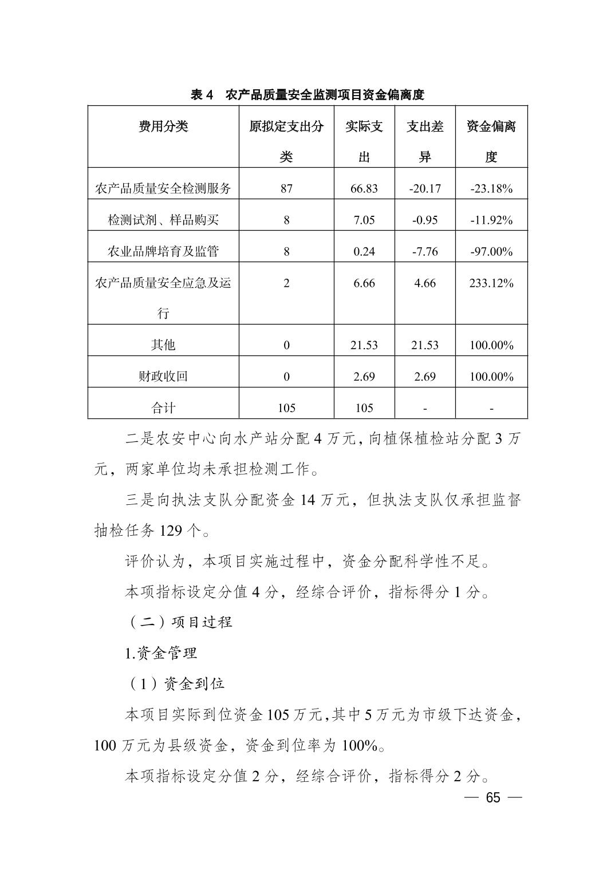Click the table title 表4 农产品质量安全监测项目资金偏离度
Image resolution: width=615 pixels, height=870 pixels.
pyautogui.click(x=307, y=95)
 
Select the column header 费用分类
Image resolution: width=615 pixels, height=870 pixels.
pyautogui.click(x=163, y=126)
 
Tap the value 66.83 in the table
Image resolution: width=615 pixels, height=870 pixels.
pyautogui.click(x=364, y=188)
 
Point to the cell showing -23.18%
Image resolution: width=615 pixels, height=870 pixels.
pyautogui.click(x=491, y=188)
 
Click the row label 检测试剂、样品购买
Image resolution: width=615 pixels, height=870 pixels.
pyautogui.click(x=163, y=220)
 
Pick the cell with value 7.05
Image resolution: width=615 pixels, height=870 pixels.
pyautogui.click(x=364, y=220)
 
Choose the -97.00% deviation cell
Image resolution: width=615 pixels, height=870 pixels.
pyautogui.click(x=491, y=251)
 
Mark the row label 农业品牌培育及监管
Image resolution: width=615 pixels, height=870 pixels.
pyautogui.click(x=163, y=251)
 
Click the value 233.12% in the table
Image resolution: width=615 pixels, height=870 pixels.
pyautogui.click(x=491, y=283)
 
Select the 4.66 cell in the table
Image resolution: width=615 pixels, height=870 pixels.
pyautogui.click(x=425, y=283)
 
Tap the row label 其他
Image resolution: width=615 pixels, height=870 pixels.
pyautogui.click(x=163, y=345)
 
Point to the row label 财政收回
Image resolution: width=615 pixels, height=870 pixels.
pyautogui.click(x=163, y=376)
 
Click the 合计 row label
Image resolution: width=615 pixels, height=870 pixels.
pyautogui.click(x=163, y=408)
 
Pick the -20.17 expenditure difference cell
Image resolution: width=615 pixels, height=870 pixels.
pyautogui.click(x=425, y=188)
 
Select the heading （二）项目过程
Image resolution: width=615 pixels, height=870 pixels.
pyautogui.click(x=179, y=622)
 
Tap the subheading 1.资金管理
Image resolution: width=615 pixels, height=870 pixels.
pyautogui.click(x=161, y=653)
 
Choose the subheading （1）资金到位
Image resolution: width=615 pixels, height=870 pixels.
pyautogui.click(x=175, y=683)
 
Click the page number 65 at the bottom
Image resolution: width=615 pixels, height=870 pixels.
pyautogui.click(x=492, y=798)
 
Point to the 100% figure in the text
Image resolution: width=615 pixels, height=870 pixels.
pyautogui.click(x=360, y=746)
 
